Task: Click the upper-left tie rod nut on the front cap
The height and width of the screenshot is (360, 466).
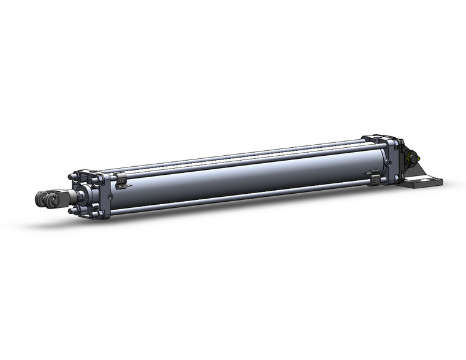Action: [x=75, y=178]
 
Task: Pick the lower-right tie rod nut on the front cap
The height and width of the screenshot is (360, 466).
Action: [x=96, y=214]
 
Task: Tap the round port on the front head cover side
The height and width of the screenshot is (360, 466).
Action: [x=110, y=197]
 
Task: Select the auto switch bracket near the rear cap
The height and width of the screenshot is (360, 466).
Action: [x=375, y=177]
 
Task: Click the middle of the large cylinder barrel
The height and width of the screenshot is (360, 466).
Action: [x=245, y=178]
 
